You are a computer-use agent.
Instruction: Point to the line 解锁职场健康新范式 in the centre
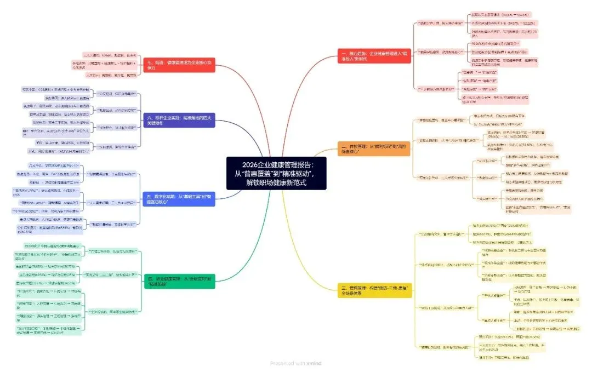[276, 182]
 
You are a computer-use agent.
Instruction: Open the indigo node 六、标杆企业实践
[180, 120]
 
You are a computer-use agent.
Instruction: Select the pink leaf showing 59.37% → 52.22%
[499, 24]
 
